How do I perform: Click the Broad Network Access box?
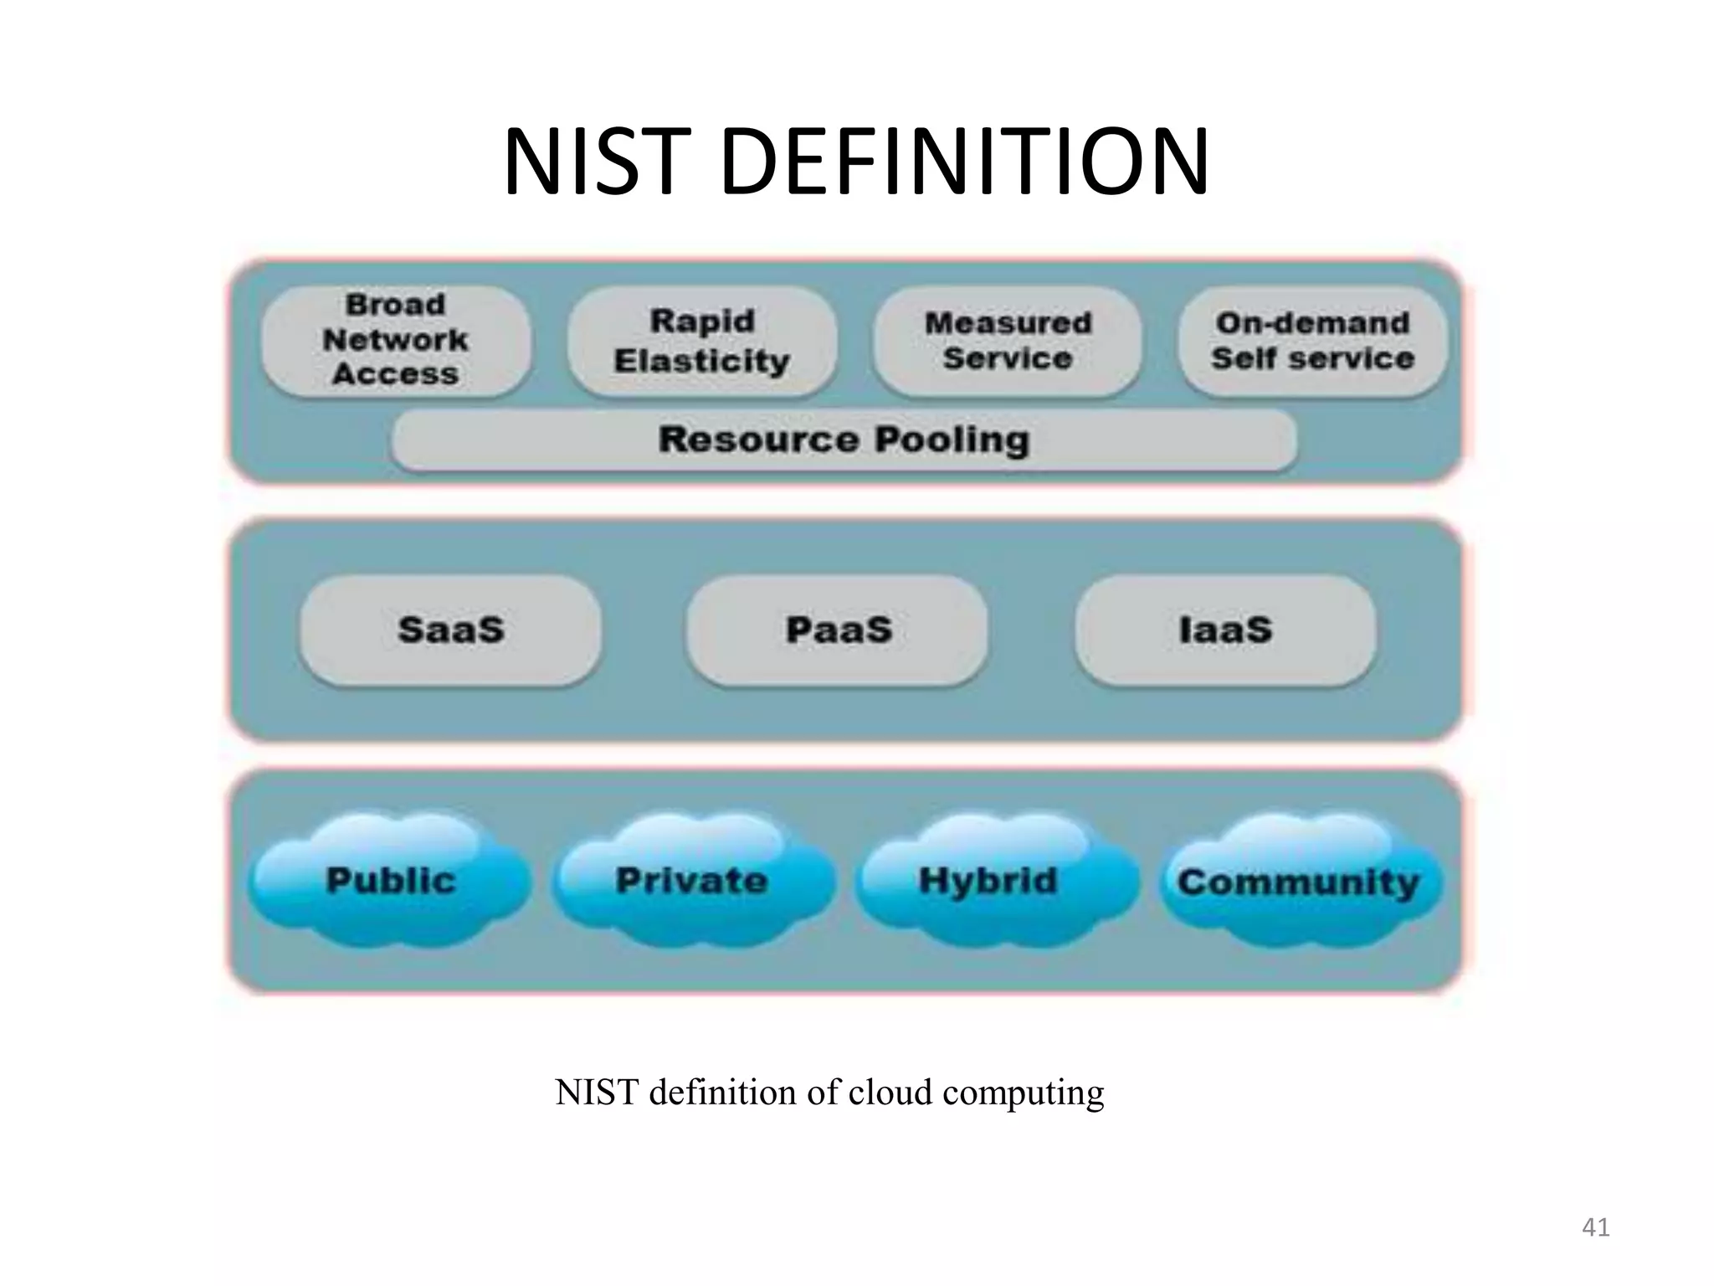click(395, 340)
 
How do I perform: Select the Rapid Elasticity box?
click(701, 340)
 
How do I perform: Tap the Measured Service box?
click(1008, 340)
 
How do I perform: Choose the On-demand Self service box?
click(1312, 340)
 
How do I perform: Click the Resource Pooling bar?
click(844, 440)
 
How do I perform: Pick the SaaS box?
click(450, 630)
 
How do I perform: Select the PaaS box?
click(838, 630)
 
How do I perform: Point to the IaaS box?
click(1225, 630)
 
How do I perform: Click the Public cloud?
click(390, 880)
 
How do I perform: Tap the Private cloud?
click(691, 880)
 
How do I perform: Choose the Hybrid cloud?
click(988, 880)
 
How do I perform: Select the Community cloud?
click(1299, 882)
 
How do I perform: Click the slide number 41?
click(1595, 1227)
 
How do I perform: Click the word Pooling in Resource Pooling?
click(952, 440)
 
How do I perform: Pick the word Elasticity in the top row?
click(701, 361)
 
